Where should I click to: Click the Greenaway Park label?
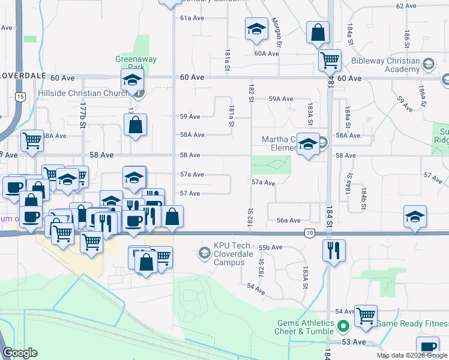point(130,63)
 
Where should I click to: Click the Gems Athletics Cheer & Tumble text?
point(301,327)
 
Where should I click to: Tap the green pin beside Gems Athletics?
point(343,327)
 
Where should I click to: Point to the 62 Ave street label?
point(406,6)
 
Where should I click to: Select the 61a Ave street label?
point(193,18)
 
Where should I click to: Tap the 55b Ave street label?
point(270,247)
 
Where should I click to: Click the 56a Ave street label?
point(288,220)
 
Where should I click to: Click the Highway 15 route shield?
point(21,97)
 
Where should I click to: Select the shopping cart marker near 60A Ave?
point(330,59)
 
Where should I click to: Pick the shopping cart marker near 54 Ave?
point(366,314)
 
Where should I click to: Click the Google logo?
point(20,353)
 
